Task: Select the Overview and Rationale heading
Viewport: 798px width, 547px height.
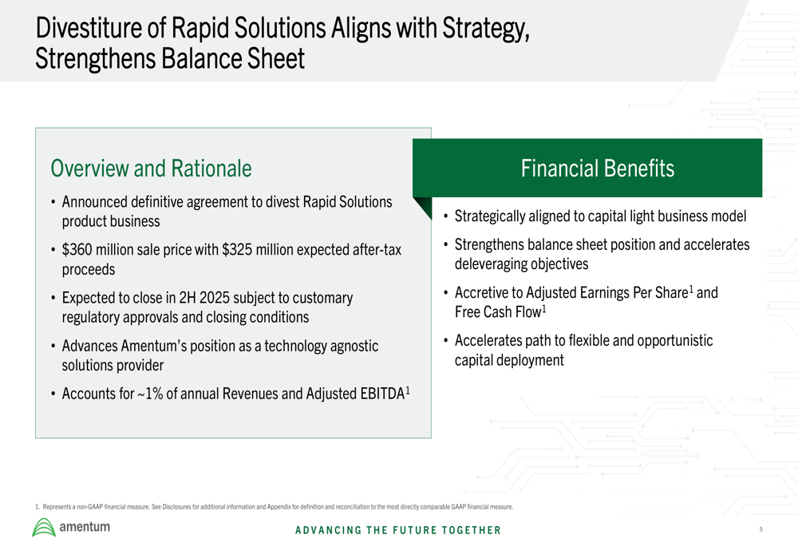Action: tap(151, 168)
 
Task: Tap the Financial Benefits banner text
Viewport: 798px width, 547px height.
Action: tap(598, 168)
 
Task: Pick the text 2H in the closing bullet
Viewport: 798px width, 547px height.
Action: tap(188, 297)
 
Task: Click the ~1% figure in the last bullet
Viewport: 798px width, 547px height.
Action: tap(150, 394)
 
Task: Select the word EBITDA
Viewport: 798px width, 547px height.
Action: tap(382, 394)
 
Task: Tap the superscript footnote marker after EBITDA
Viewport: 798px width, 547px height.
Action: tap(408, 390)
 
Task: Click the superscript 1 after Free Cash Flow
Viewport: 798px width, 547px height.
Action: tap(544, 309)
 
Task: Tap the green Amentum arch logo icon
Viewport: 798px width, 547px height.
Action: tap(44, 528)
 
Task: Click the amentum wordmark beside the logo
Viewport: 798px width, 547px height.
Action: tap(85, 526)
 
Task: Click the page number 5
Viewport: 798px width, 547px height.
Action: tap(760, 529)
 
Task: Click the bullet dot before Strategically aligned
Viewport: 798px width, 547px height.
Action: tap(446, 216)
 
